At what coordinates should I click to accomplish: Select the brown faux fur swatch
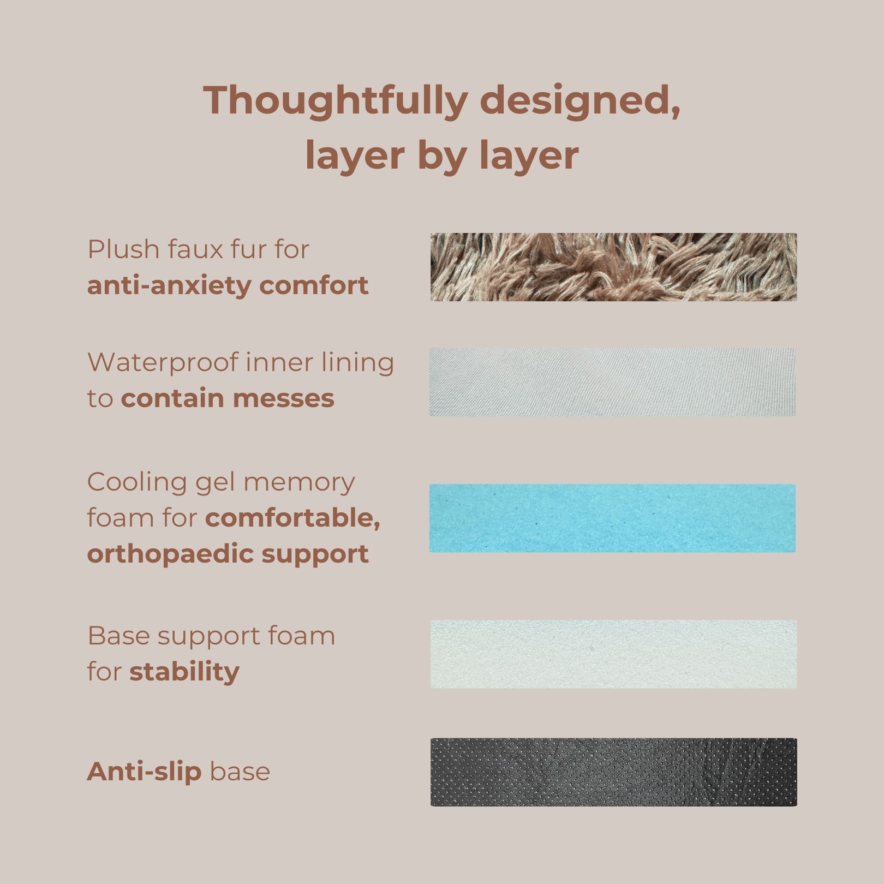tap(613, 267)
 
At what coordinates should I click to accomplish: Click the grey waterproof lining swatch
tap(612, 382)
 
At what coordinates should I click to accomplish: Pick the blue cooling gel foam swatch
tap(612, 518)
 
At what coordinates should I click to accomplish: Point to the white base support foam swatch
tap(613, 654)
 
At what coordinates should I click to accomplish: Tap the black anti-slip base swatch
tap(613, 772)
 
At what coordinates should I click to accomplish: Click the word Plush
tap(122, 250)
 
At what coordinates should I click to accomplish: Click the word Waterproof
tap(163, 363)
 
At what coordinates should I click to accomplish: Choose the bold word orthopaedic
tap(169, 554)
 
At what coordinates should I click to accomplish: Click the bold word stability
tap(184, 672)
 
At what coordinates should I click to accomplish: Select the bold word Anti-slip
tap(144, 772)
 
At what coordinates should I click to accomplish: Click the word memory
tap(299, 483)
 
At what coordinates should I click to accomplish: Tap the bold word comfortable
tap(292, 518)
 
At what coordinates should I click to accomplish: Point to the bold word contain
tap(172, 398)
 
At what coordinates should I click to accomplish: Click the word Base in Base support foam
tap(118, 636)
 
